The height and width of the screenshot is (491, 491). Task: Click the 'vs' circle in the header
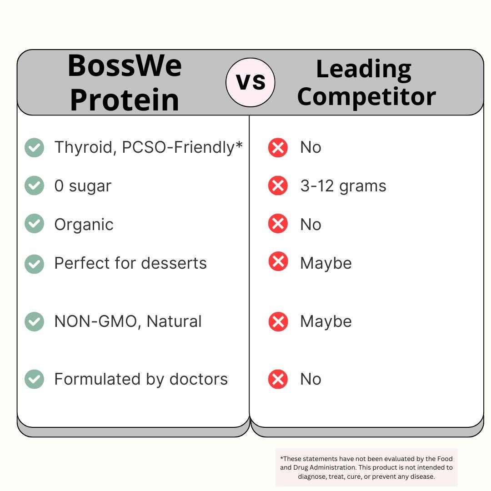pyautogui.click(x=251, y=82)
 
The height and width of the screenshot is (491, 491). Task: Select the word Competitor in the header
pyautogui.click(x=366, y=96)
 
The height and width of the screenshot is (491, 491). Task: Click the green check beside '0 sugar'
pyautogui.click(x=34, y=185)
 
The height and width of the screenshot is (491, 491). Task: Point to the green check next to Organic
pyautogui.click(x=34, y=224)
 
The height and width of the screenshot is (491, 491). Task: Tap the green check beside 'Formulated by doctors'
pyautogui.click(x=34, y=379)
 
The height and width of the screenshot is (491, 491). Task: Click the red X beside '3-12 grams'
pyautogui.click(x=278, y=185)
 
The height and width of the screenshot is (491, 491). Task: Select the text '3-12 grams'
pyautogui.click(x=343, y=186)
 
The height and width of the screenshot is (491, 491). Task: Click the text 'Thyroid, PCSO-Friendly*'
pyautogui.click(x=148, y=147)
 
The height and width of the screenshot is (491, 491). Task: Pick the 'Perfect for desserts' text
pyautogui.click(x=130, y=263)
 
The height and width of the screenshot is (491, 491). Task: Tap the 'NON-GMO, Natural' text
pyautogui.click(x=128, y=321)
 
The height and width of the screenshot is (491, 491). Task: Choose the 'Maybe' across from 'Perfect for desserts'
pyautogui.click(x=326, y=263)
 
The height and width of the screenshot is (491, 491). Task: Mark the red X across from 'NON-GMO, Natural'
pyautogui.click(x=278, y=322)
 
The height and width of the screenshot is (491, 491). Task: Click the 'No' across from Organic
pyautogui.click(x=311, y=225)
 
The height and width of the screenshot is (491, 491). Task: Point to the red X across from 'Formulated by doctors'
pyautogui.click(x=278, y=379)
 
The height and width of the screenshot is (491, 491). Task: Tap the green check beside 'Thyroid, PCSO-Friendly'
pyautogui.click(x=34, y=148)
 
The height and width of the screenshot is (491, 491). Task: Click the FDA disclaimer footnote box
pyautogui.click(x=366, y=467)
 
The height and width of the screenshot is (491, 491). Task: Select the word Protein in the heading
pyautogui.click(x=125, y=100)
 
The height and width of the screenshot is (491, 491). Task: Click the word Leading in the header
pyautogui.click(x=364, y=69)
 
